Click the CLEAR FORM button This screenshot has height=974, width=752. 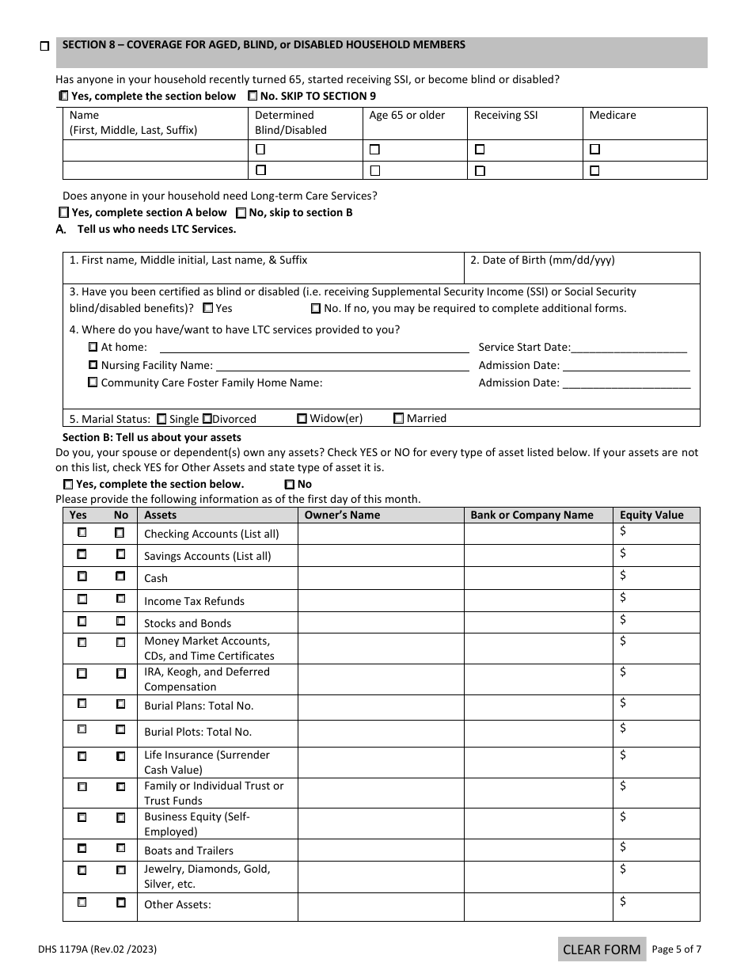point(602,949)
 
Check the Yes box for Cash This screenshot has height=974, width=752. point(82,576)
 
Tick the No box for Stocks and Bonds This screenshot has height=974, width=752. point(121,621)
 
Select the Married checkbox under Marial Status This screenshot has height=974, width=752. point(398,418)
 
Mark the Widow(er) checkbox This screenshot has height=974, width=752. point(302,418)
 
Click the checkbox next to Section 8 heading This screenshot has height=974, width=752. point(44,47)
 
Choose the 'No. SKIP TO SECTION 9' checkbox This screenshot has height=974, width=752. point(253,96)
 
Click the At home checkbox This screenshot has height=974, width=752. point(93,347)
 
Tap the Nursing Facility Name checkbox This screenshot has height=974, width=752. point(93,365)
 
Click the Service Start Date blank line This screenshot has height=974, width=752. point(629,348)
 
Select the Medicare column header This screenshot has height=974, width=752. point(612,115)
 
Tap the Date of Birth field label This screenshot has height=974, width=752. point(542,260)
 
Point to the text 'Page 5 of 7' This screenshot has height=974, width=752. point(676,949)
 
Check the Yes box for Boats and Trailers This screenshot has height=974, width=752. point(82,848)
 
